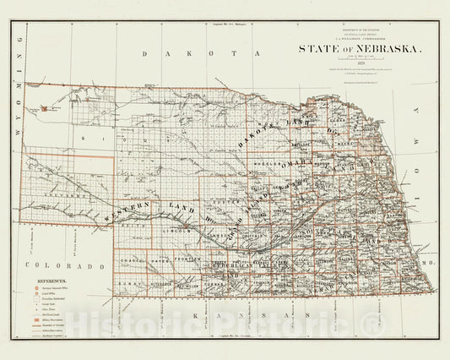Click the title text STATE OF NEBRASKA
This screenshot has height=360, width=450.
358,49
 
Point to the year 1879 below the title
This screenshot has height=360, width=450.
358,63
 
